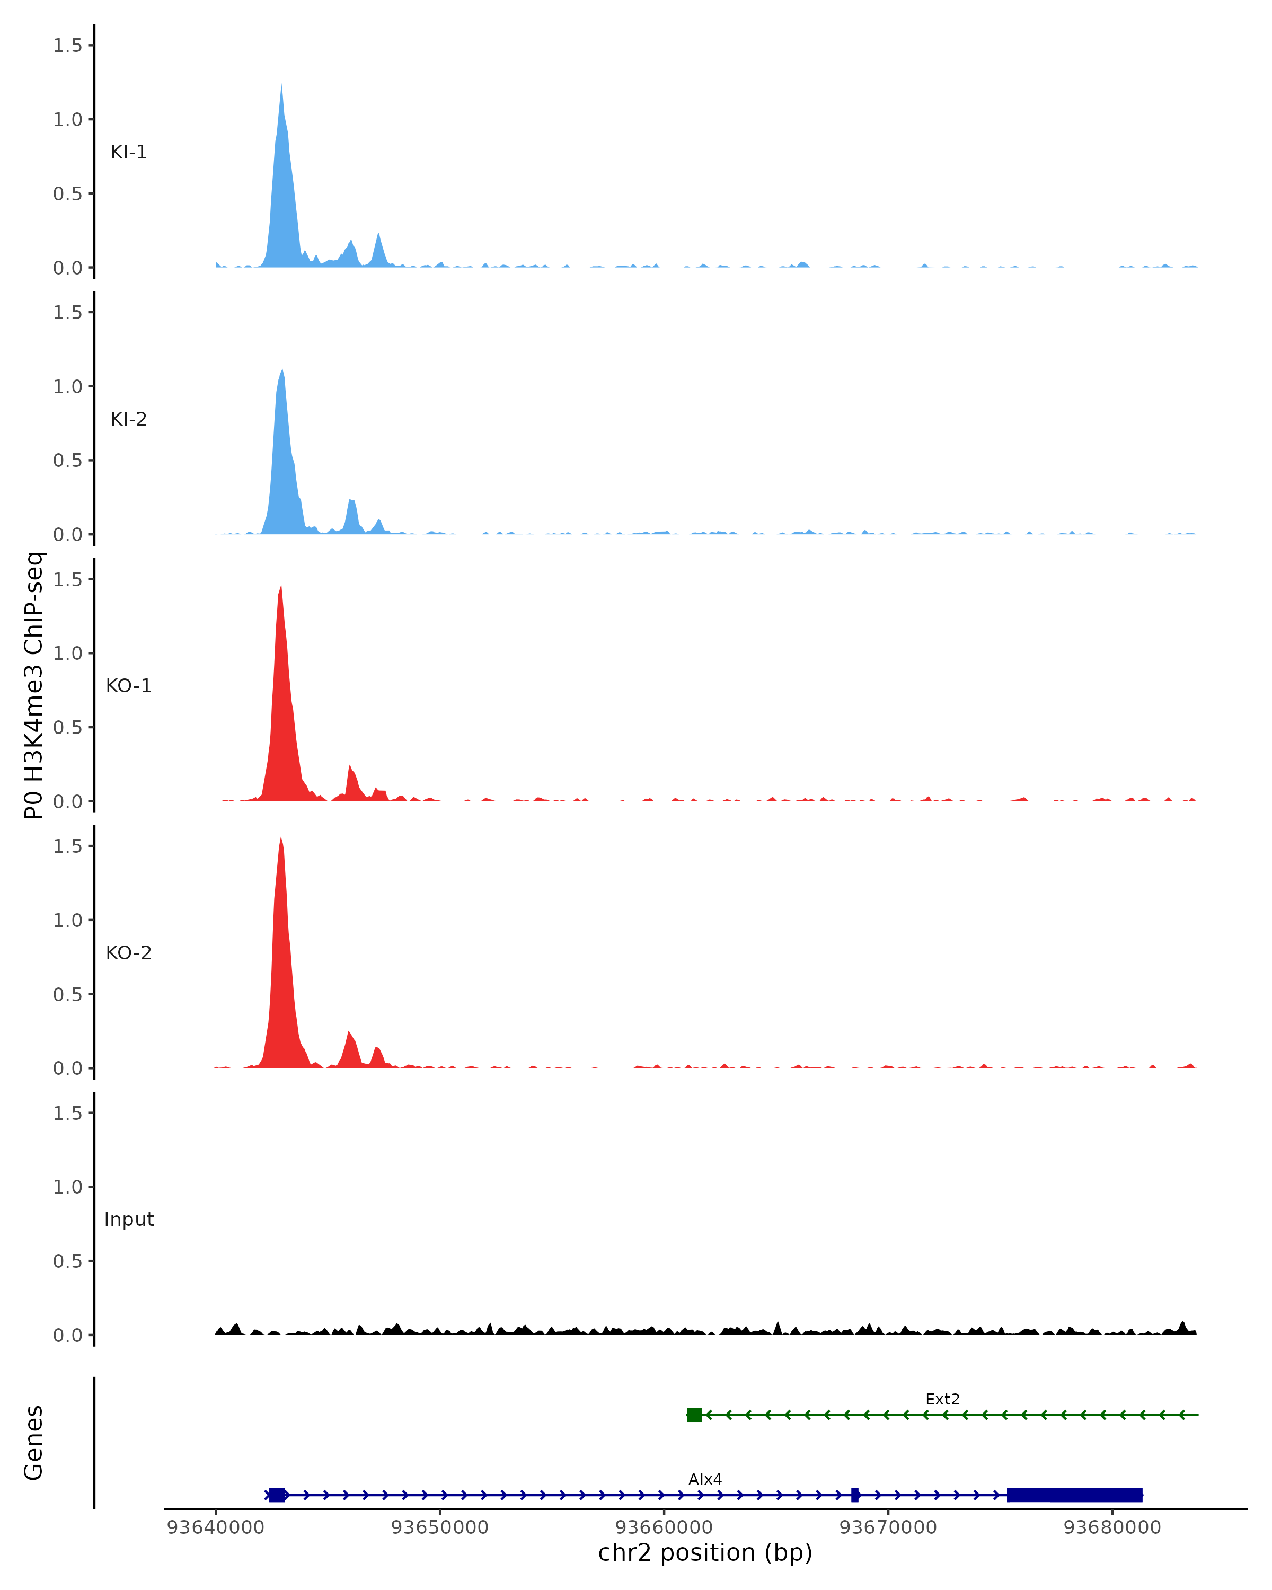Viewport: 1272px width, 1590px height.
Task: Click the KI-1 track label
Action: [x=128, y=152]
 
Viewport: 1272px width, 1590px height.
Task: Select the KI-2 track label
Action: [x=128, y=419]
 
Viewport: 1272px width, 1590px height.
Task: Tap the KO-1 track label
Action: [x=128, y=686]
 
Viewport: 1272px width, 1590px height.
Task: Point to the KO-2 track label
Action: [x=128, y=953]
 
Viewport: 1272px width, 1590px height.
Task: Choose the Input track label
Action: [x=129, y=1220]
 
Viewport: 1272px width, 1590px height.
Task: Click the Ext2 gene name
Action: [x=942, y=1399]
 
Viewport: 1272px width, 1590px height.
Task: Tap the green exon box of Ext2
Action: [x=694, y=1415]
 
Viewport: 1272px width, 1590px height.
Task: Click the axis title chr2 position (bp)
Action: [x=705, y=1552]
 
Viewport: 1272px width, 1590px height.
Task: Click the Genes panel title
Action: [x=34, y=1443]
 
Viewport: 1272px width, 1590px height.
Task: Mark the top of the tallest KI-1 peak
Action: [x=281, y=85]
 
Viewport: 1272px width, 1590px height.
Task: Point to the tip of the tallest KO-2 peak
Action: [x=281, y=838]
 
